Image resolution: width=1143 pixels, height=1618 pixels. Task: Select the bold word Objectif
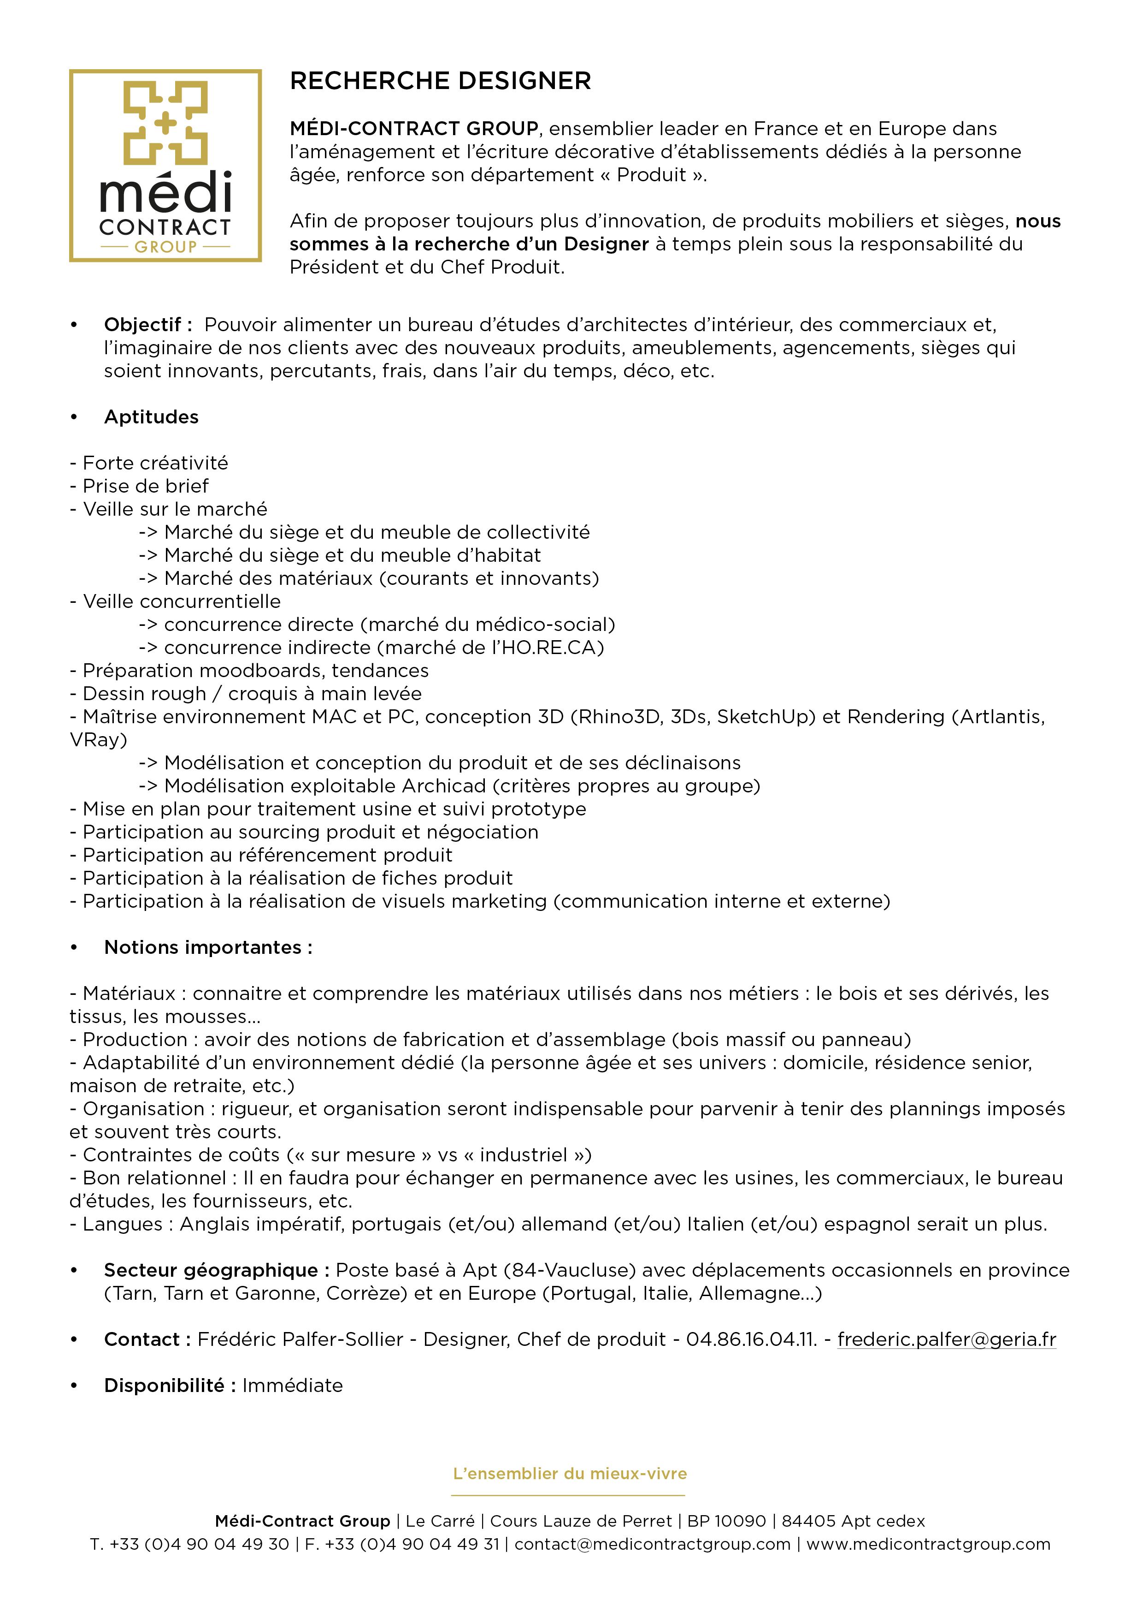(143, 325)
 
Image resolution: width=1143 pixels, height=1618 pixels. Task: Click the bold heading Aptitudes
(152, 417)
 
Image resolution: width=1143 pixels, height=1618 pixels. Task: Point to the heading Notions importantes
(208, 947)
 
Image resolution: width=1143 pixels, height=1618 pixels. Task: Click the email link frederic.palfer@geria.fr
(947, 1339)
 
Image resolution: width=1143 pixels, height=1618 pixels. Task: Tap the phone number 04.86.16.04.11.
(751, 1339)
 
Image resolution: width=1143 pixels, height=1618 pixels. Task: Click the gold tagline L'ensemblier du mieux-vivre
(570, 1474)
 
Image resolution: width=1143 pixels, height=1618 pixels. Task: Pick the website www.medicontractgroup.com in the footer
(928, 1544)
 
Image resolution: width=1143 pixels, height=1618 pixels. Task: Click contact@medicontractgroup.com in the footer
(652, 1544)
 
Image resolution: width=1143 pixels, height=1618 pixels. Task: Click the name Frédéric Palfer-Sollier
(300, 1339)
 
